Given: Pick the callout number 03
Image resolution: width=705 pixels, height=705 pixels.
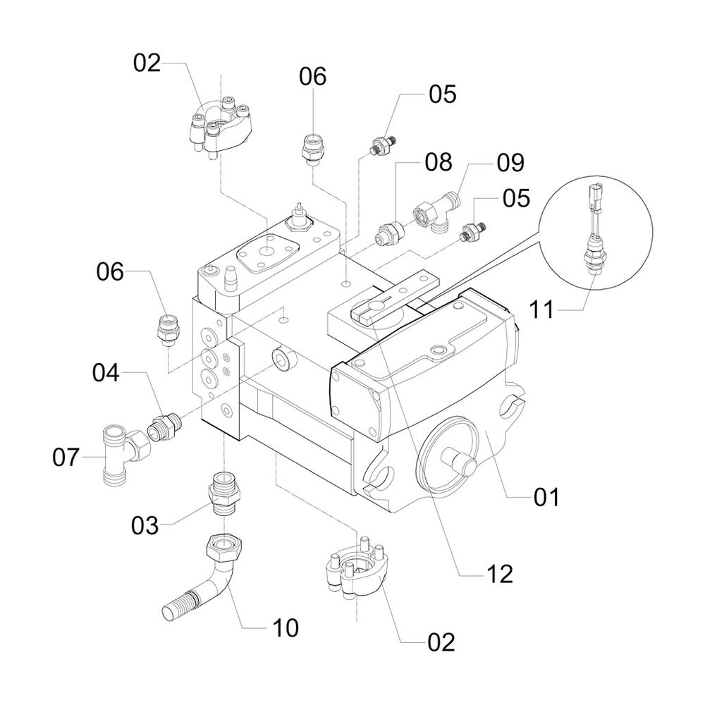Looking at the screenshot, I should tap(147, 525).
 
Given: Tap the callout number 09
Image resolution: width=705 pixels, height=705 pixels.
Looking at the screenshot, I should tap(510, 163).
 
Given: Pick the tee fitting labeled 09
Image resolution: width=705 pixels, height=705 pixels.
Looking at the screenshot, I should tap(437, 212).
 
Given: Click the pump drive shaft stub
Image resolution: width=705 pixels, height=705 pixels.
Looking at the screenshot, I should tap(458, 464).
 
